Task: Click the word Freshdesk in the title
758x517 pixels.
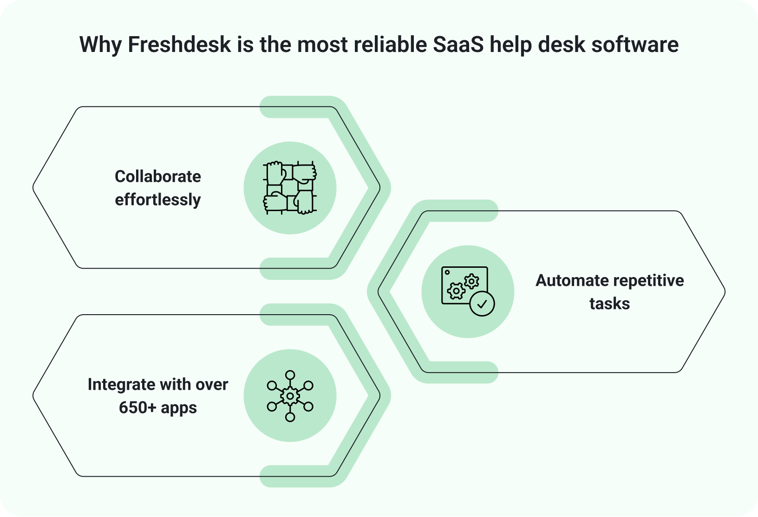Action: [179, 45]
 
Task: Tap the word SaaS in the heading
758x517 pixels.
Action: [458, 45]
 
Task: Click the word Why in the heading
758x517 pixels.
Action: [100, 45]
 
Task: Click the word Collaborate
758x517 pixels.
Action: [158, 177]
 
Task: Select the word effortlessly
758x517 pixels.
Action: [158, 200]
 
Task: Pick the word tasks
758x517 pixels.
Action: [609, 304]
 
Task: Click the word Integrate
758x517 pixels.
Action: [121, 385]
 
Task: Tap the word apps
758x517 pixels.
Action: [179, 408]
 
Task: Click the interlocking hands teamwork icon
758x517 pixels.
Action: [290, 188]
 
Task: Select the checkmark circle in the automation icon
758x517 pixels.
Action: [482, 304]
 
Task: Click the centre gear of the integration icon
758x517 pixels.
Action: [290, 396]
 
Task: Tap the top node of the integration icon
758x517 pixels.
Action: [290, 375]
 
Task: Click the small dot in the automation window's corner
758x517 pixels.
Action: [447, 272]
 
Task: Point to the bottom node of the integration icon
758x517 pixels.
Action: [290, 417]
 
